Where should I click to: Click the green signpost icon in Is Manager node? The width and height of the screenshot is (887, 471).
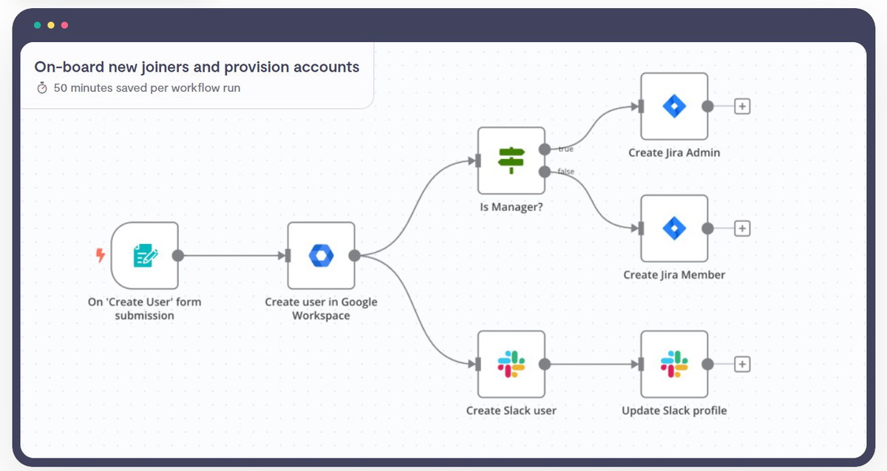(x=512, y=160)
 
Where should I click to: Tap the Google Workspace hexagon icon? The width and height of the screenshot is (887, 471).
(x=321, y=256)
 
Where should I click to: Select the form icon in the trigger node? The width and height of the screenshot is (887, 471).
(x=146, y=256)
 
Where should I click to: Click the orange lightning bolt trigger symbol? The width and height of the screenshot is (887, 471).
(x=101, y=255)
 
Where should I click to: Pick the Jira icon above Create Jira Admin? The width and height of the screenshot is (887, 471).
(x=674, y=106)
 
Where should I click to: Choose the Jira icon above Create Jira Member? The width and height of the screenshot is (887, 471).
(x=674, y=228)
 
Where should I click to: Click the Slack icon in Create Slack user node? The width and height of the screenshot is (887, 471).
(x=512, y=364)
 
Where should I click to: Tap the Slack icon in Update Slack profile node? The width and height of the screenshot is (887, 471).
(x=674, y=364)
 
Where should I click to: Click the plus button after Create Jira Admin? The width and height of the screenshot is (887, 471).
(x=742, y=106)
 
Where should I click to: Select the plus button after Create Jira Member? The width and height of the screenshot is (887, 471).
(x=742, y=228)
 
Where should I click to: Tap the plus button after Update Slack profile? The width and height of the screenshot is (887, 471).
(x=742, y=364)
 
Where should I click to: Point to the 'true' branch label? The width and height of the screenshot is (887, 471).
(x=566, y=149)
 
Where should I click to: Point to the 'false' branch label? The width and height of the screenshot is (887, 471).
(x=566, y=171)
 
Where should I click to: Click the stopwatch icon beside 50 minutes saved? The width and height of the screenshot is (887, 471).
(x=42, y=87)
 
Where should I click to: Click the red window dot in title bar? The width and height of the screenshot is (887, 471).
(x=64, y=25)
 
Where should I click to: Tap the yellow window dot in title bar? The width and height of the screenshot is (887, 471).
(x=51, y=25)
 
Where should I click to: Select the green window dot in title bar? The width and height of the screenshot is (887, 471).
(x=38, y=25)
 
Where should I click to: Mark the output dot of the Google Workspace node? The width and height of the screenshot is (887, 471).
(x=354, y=256)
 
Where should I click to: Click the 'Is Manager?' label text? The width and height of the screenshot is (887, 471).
(x=512, y=207)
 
